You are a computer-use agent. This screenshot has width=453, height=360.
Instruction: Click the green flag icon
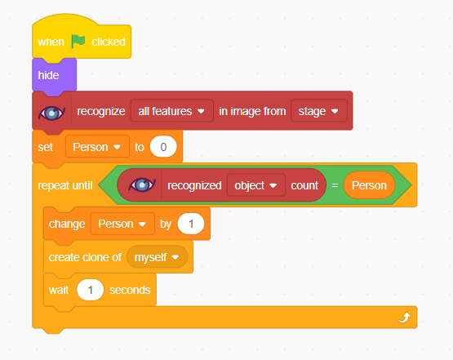(78, 42)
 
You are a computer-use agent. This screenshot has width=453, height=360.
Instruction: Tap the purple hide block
(55, 75)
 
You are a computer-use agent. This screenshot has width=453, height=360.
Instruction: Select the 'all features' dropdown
(172, 111)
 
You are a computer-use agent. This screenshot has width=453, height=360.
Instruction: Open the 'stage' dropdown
(319, 111)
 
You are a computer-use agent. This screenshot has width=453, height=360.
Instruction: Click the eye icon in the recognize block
(51, 113)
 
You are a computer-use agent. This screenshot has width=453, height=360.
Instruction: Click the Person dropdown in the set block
(97, 147)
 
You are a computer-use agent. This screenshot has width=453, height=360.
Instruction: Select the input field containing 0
(163, 147)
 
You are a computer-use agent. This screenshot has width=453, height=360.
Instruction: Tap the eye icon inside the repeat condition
(142, 185)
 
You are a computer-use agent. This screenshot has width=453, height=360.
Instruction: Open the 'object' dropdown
(256, 185)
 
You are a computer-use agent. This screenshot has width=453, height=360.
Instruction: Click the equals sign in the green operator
(335, 185)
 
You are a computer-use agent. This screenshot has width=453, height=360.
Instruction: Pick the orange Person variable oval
(369, 185)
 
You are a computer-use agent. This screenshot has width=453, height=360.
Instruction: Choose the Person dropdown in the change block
(122, 224)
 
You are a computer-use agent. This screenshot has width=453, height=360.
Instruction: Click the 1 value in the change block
(191, 224)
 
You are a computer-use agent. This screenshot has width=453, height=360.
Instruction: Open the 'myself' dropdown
(157, 257)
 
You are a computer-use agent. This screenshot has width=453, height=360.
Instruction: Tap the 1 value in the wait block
(90, 290)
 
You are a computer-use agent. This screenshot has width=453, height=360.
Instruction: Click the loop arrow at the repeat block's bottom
(404, 318)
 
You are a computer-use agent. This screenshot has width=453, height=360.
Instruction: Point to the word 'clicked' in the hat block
(109, 42)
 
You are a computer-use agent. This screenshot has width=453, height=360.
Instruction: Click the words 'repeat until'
(65, 185)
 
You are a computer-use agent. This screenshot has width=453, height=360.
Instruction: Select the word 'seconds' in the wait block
(130, 290)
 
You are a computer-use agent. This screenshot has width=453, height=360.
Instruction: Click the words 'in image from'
(252, 111)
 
